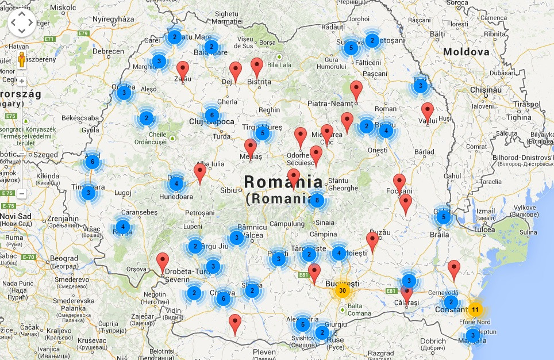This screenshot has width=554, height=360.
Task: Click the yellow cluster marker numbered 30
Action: (343, 290)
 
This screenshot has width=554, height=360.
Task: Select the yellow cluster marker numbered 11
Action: (475, 310)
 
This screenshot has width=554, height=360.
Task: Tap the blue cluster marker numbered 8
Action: (317, 200)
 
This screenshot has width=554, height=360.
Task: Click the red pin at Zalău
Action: (183, 70)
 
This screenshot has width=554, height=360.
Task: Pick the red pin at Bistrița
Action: (257, 67)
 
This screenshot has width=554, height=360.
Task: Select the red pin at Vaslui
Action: (427, 112)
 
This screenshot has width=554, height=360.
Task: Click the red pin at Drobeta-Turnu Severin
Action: (163, 262)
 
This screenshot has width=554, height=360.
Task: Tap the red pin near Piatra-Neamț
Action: (356, 90)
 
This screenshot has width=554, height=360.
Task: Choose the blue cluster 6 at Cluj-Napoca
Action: (211, 115)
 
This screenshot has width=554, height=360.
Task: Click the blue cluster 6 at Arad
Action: (92, 162)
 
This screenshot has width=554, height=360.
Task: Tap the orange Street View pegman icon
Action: (22, 60)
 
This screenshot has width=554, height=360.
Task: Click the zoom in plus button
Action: (22, 81)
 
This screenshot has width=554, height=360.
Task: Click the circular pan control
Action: (22, 22)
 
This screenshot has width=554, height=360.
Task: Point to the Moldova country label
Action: (466, 52)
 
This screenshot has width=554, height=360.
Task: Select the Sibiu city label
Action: (228, 190)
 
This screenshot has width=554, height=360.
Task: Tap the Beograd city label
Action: (64, 259)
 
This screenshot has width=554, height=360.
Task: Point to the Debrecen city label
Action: (108, 51)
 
